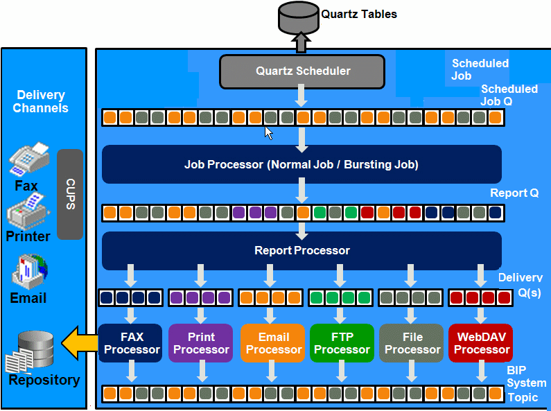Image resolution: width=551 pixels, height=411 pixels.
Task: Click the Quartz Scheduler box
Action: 301,71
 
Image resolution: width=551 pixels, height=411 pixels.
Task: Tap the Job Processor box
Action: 301,165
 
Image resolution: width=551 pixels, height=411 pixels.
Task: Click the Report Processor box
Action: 301,250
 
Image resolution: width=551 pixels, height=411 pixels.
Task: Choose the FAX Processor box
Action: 131,343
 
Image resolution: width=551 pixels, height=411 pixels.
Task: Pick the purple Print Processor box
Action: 201,343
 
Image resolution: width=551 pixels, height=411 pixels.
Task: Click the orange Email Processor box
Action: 273,343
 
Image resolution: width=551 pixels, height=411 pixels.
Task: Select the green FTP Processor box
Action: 342,343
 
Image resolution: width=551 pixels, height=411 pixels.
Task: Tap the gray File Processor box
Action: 412,343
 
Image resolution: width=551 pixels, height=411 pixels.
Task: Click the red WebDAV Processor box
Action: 481,343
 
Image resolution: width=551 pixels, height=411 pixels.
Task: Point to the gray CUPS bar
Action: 70,193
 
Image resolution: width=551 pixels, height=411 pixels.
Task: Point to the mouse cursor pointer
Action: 269,132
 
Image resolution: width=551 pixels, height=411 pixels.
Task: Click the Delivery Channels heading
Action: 41,101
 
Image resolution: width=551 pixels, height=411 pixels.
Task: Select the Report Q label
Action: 514,193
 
